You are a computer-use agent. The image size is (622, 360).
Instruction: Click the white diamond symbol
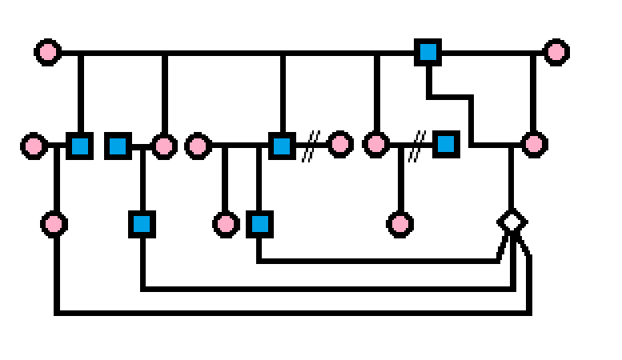(x=511, y=221)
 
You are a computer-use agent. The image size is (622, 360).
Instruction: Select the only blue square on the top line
(x=428, y=53)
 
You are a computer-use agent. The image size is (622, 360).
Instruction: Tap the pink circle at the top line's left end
(x=48, y=53)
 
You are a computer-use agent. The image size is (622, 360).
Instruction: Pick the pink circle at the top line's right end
(x=556, y=53)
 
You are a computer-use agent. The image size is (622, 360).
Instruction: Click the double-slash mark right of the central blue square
(x=310, y=146)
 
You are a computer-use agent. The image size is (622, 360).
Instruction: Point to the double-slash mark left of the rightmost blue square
(x=415, y=146)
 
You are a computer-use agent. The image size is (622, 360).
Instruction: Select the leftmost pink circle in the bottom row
(x=54, y=224)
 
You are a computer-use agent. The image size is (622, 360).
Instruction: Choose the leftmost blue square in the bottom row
(x=142, y=224)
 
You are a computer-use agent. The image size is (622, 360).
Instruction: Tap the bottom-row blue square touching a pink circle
(x=259, y=224)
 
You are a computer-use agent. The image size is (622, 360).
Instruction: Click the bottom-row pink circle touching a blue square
(x=227, y=224)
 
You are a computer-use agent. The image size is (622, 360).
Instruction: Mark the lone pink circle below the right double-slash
(x=399, y=224)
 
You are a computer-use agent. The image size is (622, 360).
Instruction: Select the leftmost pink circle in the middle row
(x=34, y=146)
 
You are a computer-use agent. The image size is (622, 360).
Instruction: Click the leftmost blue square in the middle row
(x=79, y=146)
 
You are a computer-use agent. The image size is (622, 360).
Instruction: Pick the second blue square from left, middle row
(x=118, y=146)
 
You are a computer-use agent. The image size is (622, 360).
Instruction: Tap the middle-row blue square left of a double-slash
(x=281, y=146)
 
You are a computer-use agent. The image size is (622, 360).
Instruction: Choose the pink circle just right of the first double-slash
(x=340, y=144)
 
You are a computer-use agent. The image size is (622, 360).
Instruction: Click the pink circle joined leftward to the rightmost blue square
(x=375, y=145)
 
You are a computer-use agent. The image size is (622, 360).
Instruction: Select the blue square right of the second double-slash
(x=446, y=144)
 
